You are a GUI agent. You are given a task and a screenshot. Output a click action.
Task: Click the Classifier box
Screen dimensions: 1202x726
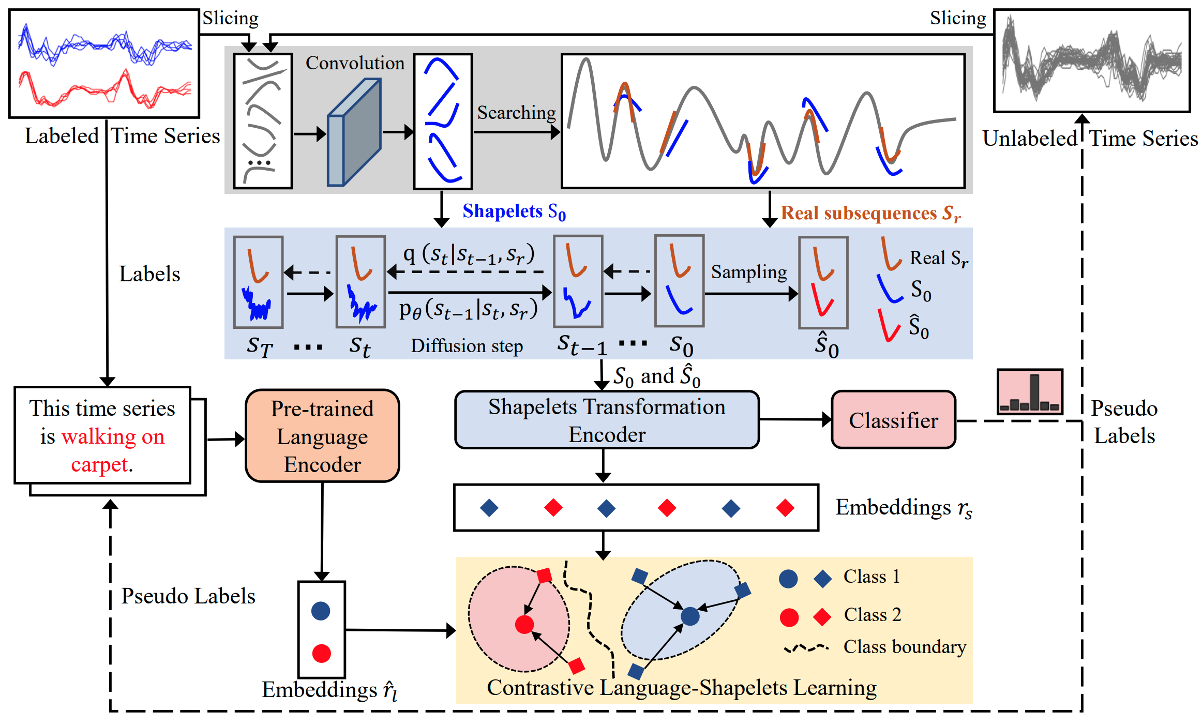coord(893,419)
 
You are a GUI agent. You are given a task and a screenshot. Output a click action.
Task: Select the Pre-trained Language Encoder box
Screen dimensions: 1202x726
coord(322,435)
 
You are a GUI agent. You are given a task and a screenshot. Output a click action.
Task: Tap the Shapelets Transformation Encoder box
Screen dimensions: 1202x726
coord(607,419)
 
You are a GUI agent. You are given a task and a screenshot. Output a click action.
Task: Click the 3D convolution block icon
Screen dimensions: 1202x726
coord(354,132)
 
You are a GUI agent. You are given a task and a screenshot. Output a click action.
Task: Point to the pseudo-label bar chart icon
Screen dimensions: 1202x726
coord(1030,391)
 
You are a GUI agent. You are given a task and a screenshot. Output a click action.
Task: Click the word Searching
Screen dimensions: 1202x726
coord(516,112)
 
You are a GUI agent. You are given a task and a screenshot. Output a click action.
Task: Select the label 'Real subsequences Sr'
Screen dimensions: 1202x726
coord(870,213)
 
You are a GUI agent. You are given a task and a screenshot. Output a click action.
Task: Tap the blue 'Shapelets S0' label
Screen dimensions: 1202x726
coord(514,211)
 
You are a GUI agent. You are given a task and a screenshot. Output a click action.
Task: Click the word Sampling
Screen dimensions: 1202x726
coord(749,272)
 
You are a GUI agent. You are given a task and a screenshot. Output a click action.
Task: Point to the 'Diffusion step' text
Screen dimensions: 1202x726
coord(467,345)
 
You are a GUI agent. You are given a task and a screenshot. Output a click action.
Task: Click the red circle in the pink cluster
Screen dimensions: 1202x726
coord(524,624)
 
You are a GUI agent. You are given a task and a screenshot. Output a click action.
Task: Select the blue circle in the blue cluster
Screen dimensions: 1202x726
coord(690,616)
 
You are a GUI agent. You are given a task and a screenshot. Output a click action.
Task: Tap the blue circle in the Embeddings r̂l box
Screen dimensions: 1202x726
coord(321,611)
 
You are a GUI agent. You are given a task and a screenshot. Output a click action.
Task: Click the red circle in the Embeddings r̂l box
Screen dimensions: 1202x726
coord(321,654)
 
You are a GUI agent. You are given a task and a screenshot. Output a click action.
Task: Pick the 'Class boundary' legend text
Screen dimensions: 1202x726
coord(905,646)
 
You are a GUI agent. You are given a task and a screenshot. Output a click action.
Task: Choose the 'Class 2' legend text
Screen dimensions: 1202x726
coord(873,614)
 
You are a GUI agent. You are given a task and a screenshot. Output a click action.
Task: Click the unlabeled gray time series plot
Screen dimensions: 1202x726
coord(1092,60)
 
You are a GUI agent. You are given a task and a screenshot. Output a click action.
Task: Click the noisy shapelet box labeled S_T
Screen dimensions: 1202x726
coord(258,282)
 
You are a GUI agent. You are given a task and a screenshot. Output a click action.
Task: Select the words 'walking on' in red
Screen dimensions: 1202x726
coord(113,436)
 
